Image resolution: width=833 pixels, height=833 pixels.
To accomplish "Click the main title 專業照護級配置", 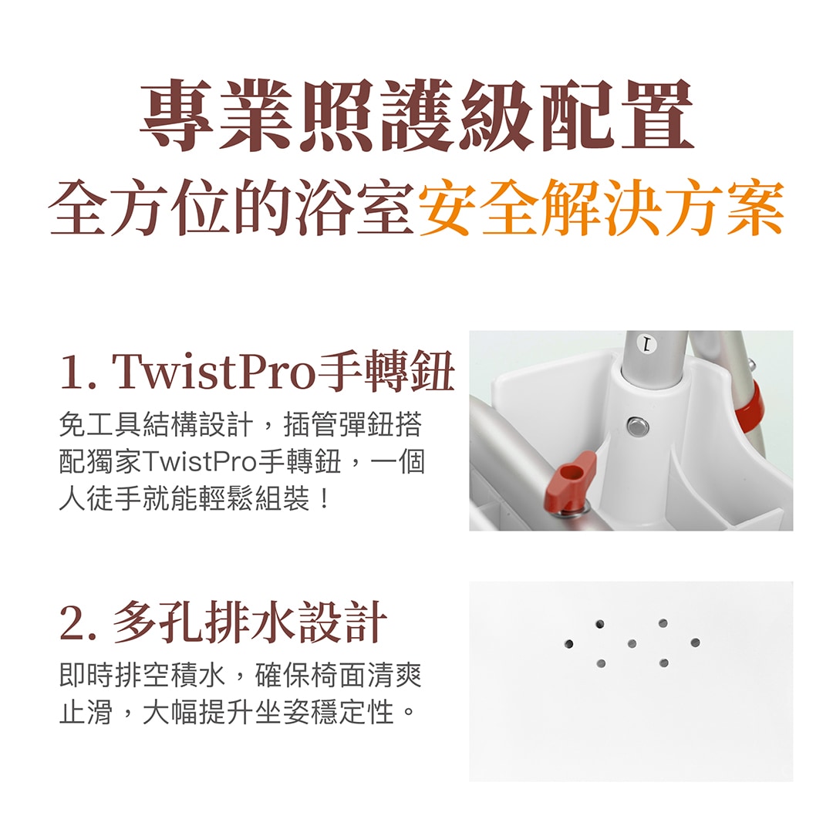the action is (x=417, y=115).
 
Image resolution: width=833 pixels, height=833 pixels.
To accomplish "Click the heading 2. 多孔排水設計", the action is (x=223, y=622).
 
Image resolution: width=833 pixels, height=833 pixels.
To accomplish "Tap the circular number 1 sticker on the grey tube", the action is (x=646, y=346).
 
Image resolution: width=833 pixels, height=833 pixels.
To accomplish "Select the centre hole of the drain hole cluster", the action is (x=632, y=644).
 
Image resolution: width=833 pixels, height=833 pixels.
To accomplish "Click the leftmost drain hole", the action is (x=568, y=644).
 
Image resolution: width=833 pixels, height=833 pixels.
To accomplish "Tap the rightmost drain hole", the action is (x=695, y=643).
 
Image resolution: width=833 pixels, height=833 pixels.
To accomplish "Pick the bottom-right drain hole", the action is (x=663, y=663).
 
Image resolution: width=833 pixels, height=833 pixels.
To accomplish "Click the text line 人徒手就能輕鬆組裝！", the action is (x=194, y=499).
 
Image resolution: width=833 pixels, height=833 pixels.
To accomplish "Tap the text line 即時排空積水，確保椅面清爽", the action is (x=241, y=676).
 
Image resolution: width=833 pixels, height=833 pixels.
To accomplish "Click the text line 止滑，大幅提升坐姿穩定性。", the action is (x=237, y=713).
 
